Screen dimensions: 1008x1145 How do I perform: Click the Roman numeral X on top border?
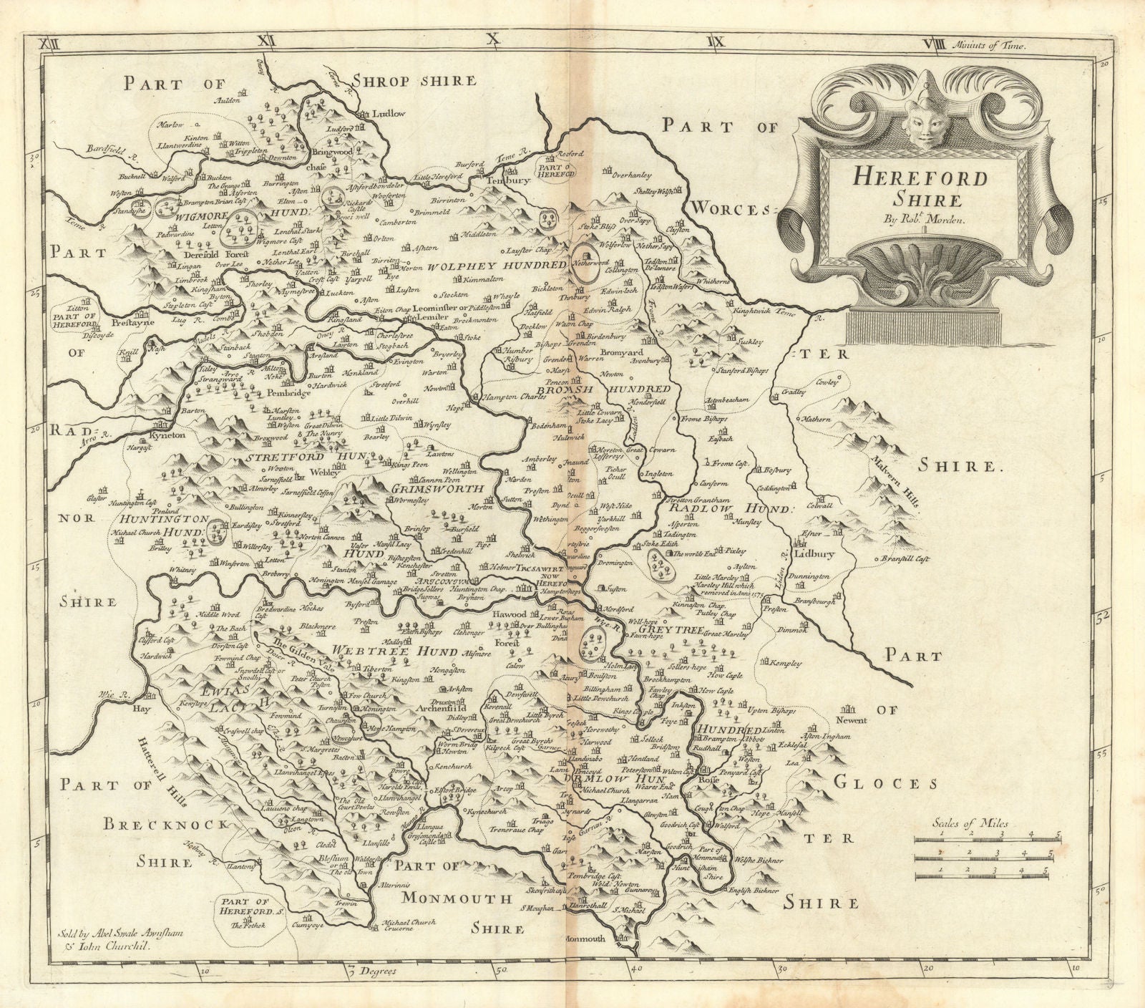[x=491, y=41]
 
